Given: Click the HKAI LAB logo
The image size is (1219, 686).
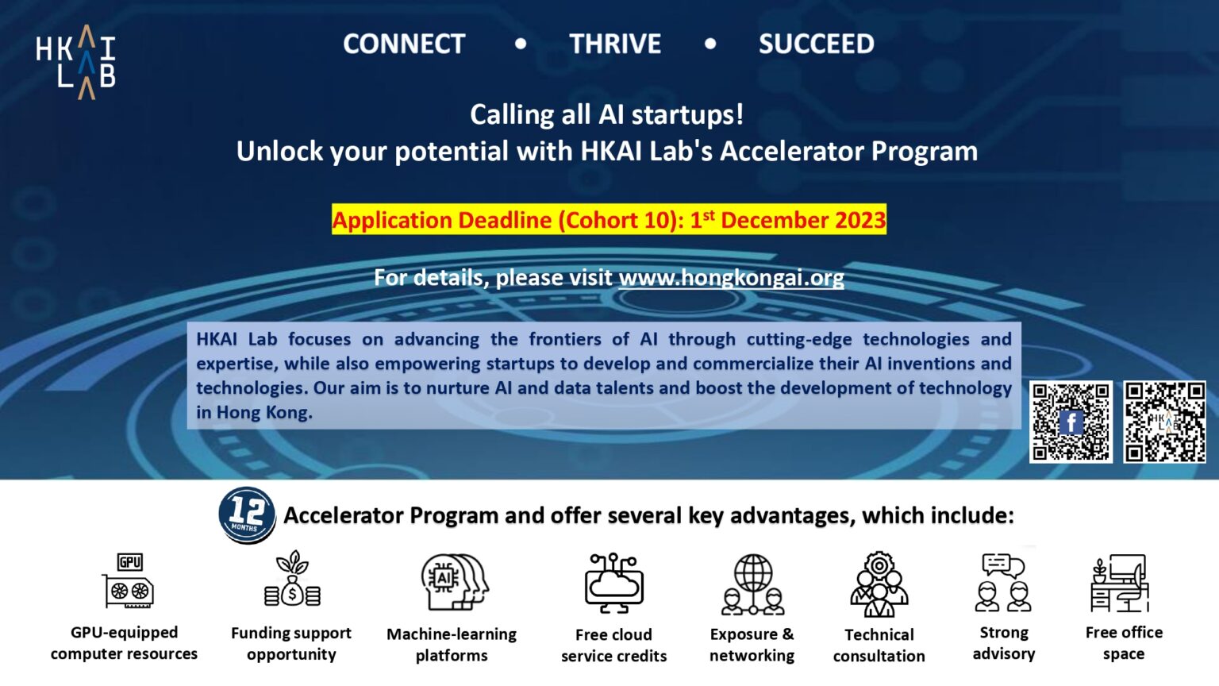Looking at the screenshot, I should pos(76,62).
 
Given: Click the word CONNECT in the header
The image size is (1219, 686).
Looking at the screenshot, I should pos(404,44).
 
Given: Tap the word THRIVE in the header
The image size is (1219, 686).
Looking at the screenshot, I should pos(615,44).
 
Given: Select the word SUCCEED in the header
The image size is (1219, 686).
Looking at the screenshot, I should pos(816,44).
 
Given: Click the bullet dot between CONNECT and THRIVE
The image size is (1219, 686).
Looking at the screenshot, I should pos(521,44).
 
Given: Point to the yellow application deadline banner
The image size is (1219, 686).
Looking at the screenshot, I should pos(609,220).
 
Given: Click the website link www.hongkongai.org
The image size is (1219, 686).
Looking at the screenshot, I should pos(731,278).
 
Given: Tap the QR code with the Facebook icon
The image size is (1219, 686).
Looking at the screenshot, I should pos(1071,422).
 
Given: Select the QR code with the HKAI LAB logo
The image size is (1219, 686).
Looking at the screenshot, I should pos(1164,422).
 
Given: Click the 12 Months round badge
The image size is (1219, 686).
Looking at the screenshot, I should pos(247,514).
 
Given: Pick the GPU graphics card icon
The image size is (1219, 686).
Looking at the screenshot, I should pos(129,581).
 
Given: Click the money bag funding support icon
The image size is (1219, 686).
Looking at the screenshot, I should pos(292,580).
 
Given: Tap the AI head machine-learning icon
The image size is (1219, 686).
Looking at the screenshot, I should pos(453,582).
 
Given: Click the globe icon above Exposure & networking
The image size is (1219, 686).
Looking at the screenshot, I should pos(752,584).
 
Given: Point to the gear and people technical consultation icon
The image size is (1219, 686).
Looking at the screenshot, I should pos(879,584).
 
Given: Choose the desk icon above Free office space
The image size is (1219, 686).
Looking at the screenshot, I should pos(1120,584).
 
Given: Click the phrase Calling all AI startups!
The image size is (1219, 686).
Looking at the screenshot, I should pos(607,114).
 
